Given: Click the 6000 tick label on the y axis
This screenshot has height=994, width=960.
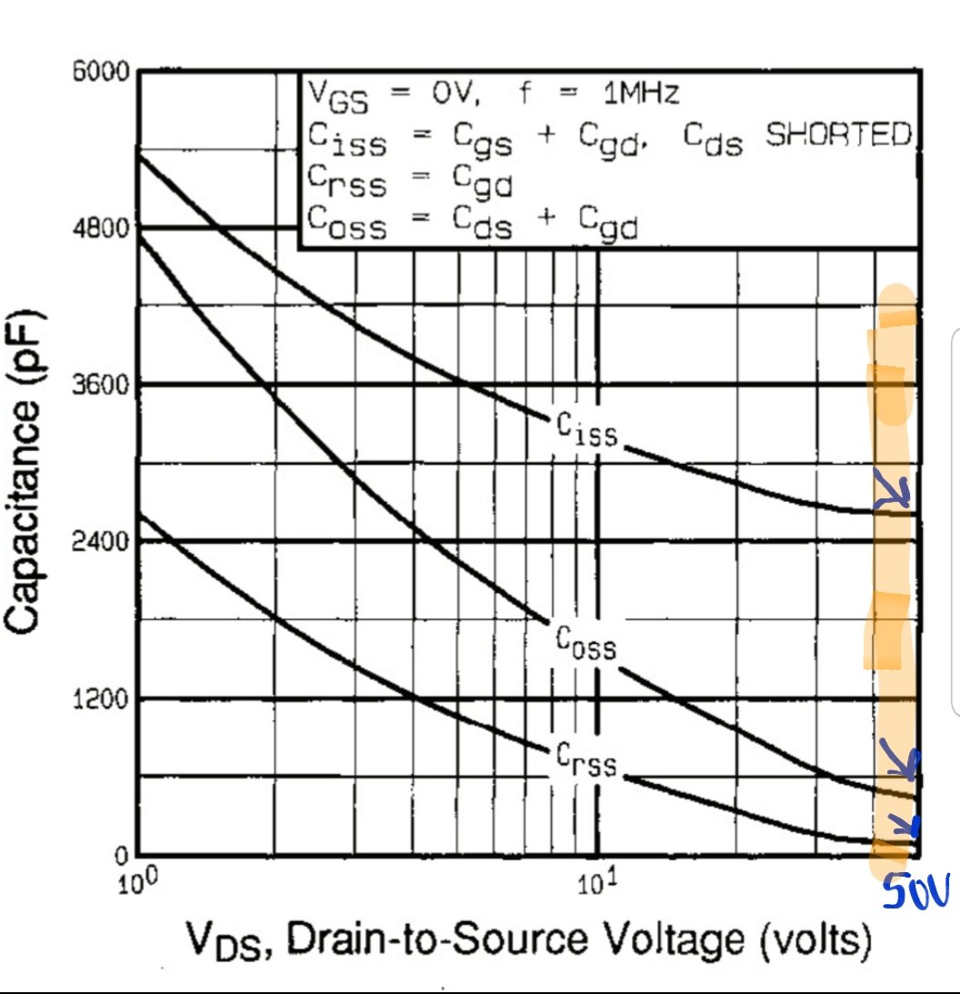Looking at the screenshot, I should pyautogui.click(x=102, y=73).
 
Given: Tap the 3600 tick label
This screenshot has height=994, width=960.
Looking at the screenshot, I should pyautogui.click(x=102, y=385).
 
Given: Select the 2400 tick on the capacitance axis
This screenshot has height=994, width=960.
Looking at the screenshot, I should pyautogui.click(x=102, y=542).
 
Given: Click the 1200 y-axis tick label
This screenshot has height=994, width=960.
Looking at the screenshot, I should pyautogui.click(x=102, y=699).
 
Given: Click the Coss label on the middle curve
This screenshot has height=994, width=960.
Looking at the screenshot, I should pyautogui.click(x=586, y=642).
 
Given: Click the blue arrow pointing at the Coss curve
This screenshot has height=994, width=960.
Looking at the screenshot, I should pyautogui.click(x=899, y=762).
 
